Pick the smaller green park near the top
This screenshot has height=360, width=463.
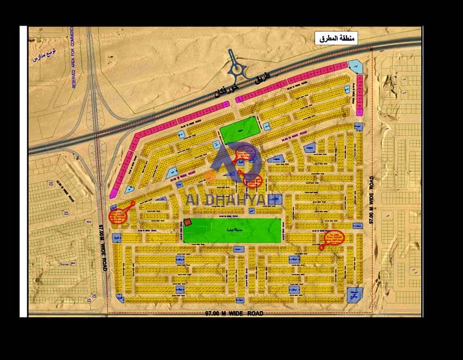[238, 129]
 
